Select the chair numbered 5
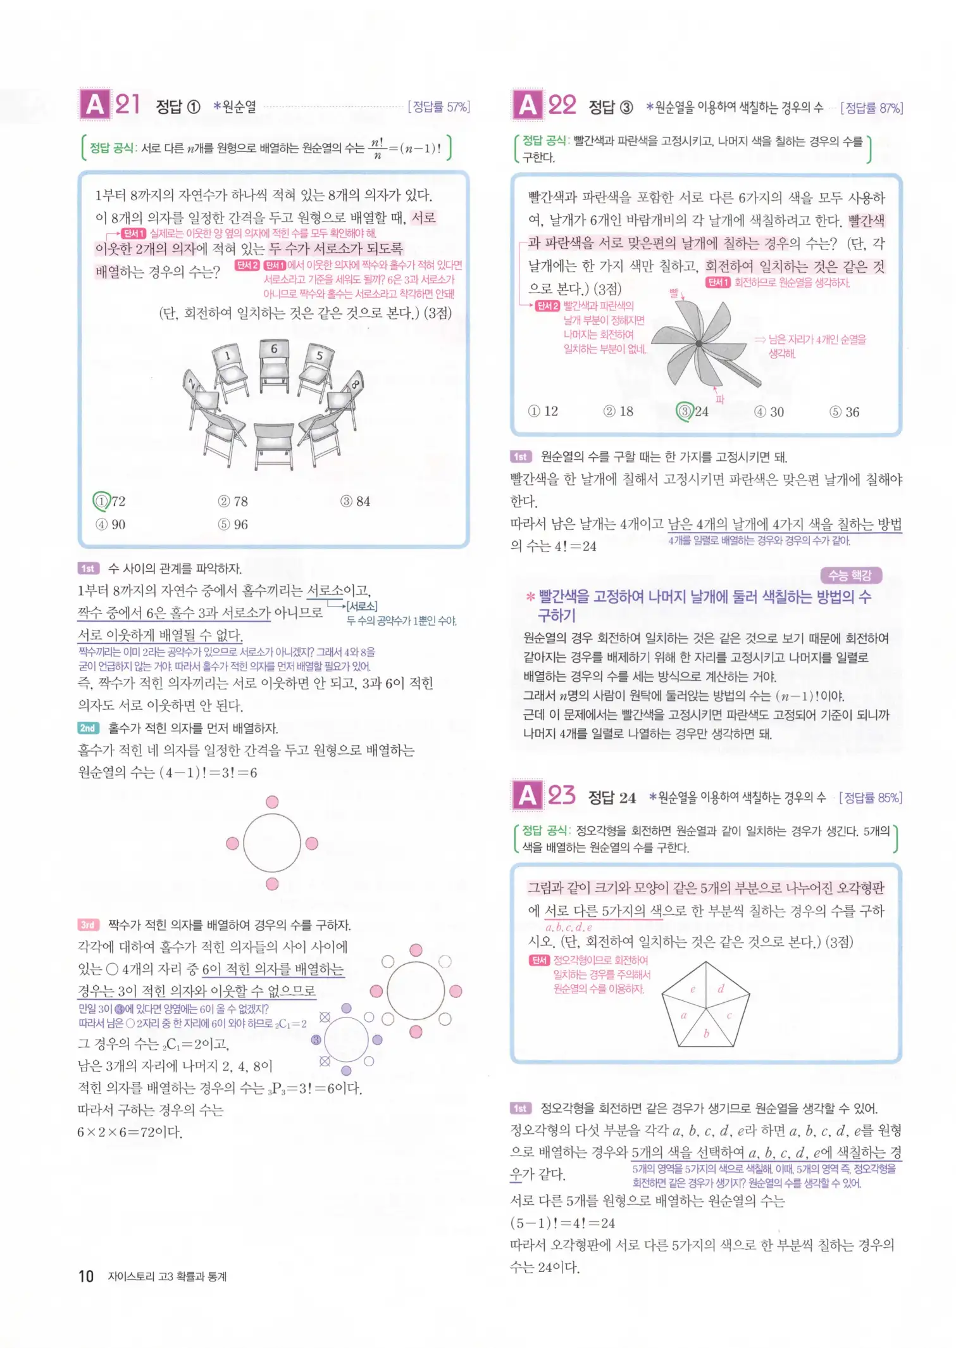coord(318,365)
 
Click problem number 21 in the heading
coord(127,104)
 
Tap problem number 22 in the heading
coord(562,105)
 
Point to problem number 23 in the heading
coord(561,795)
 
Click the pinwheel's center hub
coord(698,344)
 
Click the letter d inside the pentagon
coord(721,988)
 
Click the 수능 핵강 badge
coord(850,575)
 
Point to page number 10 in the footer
coord(86,1276)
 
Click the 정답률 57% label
coord(438,107)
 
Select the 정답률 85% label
coord(870,798)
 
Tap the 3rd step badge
coord(88,925)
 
